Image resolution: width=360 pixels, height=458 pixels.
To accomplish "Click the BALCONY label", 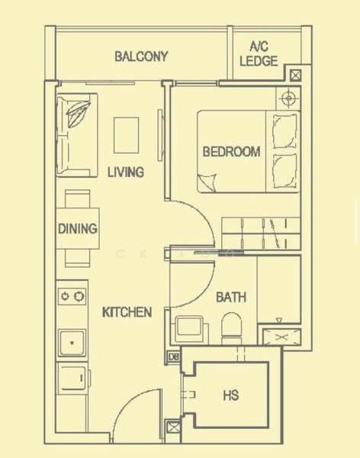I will pos(140,56).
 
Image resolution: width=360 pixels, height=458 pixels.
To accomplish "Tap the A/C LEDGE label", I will pos(259,54).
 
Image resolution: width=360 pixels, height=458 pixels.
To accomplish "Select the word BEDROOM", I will pos(231,151).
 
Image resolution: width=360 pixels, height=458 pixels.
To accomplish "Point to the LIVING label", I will pos(125,172).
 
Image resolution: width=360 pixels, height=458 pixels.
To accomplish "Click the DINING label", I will pos(77,228).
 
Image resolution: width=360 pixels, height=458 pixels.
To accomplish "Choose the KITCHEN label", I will pos(127,311).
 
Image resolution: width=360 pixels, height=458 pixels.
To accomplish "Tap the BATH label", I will pos(230,297).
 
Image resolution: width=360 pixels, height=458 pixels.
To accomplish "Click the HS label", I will pos(230,395).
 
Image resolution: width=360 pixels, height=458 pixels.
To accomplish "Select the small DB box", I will pos(173,356).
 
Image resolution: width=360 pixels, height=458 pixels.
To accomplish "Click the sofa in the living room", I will pos(75,134).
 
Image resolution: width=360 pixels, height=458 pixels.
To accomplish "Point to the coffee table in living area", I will pos(127,135).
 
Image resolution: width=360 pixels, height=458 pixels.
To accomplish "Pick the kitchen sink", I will pos(73,343).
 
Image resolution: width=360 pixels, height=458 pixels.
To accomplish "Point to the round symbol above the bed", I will pos(288,98).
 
